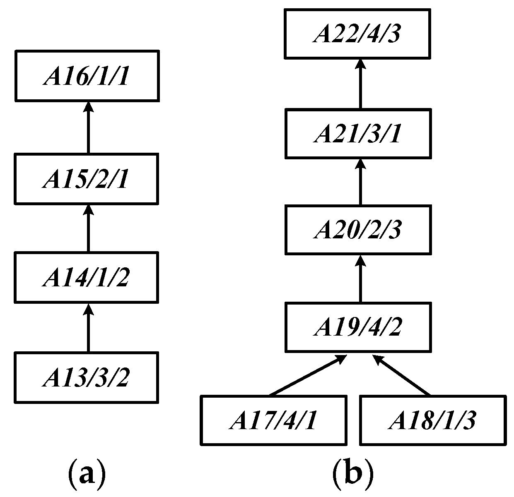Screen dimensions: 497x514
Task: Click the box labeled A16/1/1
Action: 87,76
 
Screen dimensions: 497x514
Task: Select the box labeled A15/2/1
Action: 87,179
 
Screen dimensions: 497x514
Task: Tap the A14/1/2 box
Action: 87,277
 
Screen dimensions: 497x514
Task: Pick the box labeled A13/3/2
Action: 87,377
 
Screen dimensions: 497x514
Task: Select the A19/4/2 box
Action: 360,327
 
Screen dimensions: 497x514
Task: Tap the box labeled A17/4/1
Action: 274,420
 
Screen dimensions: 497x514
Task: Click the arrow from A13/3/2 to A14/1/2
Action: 87,327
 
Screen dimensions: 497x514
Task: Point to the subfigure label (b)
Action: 353,475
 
